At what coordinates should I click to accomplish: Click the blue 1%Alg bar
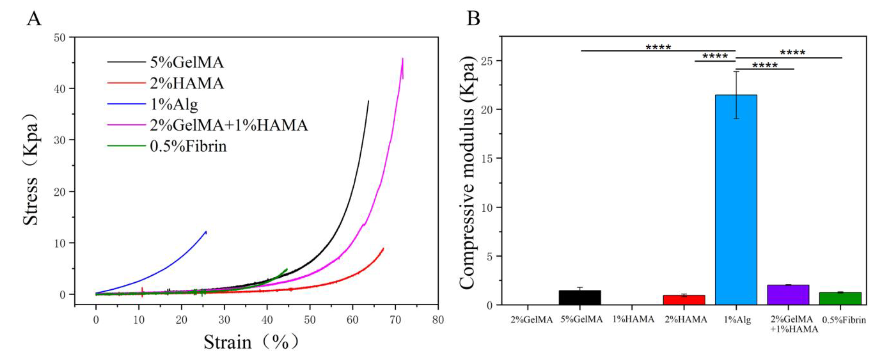tap(736, 199)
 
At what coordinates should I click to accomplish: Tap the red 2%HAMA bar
tap(684, 300)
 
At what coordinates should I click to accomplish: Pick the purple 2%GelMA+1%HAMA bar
tap(788, 295)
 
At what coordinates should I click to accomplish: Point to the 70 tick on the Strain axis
tap(395, 320)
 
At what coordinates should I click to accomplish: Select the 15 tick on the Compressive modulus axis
tap(488, 159)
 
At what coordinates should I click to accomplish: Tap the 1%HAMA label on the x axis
tap(633, 319)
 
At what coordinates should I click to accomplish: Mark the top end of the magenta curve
tap(402, 59)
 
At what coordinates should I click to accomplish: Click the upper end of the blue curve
tap(206, 232)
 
